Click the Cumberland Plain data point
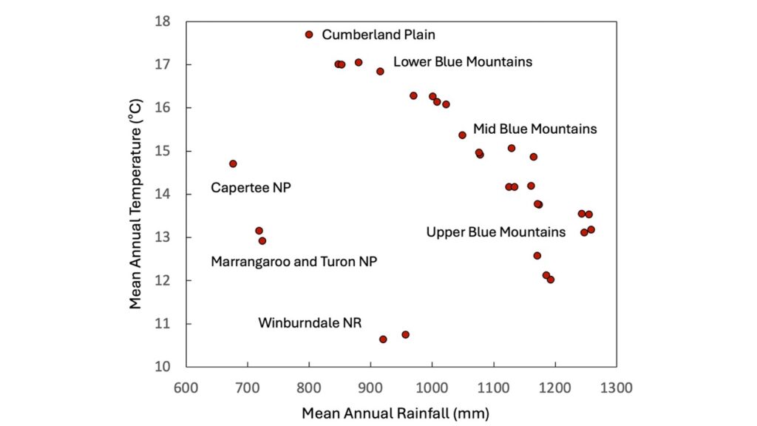point(309,35)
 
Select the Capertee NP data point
point(233,163)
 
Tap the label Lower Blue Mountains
point(462,62)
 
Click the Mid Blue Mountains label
point(534,129)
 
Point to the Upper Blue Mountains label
point(495,232)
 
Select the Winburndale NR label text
point(310,323)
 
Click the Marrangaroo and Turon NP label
point(293,262)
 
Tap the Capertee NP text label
point(251,188)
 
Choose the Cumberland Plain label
point(378,35)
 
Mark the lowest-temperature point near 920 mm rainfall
point(383,339)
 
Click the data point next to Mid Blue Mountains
point(462,135)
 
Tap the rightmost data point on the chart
point(591,230)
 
